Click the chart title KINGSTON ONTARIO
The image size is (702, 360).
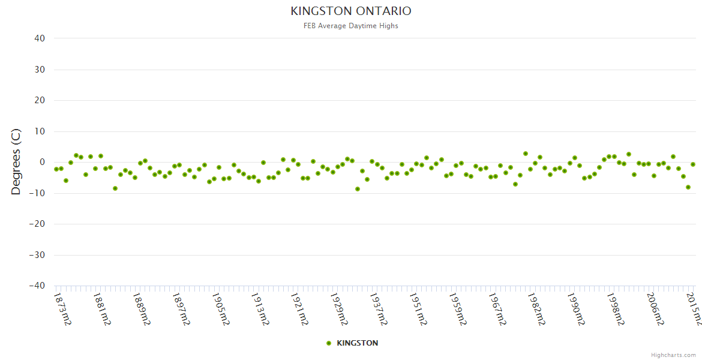(351, 11)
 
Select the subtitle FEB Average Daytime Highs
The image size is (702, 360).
(351, 26)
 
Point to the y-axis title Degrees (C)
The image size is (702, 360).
(16, 162)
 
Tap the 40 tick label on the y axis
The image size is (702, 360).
(40, 38)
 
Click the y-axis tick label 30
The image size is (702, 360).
(40, 70)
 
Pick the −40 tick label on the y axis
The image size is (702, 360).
(37, 286)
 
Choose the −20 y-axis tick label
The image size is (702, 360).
(37, 224)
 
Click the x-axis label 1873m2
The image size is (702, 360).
(62, 308)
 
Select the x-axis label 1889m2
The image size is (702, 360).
(142, 308)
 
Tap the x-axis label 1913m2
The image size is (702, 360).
(260, 308)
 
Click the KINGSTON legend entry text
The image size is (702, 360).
(358, 343)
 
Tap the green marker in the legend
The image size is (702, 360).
(328, 343)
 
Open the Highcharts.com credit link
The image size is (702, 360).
(673, 355)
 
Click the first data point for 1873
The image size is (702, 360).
(56, 169)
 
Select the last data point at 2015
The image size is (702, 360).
(693, 164)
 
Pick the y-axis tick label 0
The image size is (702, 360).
(42, 162)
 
